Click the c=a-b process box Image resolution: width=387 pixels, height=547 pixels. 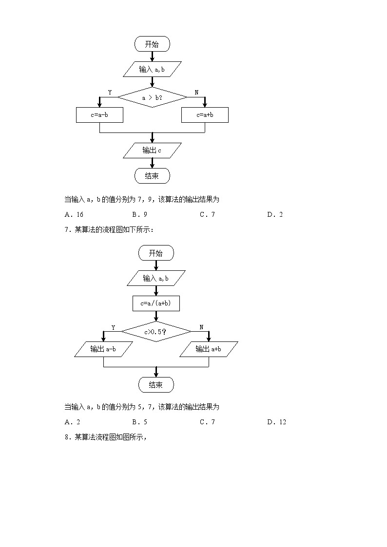99,115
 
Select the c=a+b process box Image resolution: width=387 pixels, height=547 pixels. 205,115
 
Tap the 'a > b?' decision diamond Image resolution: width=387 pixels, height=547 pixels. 152,98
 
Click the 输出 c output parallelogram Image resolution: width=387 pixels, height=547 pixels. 152,151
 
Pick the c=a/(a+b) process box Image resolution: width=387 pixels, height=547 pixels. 156,303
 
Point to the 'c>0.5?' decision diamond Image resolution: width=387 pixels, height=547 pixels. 156,332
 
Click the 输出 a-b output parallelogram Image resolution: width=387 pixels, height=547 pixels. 103,349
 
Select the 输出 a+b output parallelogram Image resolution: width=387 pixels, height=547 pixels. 209,349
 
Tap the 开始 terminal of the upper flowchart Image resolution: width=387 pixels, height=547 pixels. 152,44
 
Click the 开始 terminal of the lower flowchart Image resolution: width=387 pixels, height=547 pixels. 156,253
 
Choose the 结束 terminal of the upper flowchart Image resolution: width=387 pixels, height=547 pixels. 152,176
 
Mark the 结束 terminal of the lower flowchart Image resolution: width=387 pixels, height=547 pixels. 156,385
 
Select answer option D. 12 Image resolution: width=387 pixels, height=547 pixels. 276,422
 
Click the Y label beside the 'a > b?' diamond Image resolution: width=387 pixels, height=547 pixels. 110,93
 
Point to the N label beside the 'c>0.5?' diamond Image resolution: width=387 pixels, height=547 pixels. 201,327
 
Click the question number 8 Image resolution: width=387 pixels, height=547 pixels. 66,437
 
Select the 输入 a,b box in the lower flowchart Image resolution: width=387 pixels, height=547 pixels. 156,278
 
